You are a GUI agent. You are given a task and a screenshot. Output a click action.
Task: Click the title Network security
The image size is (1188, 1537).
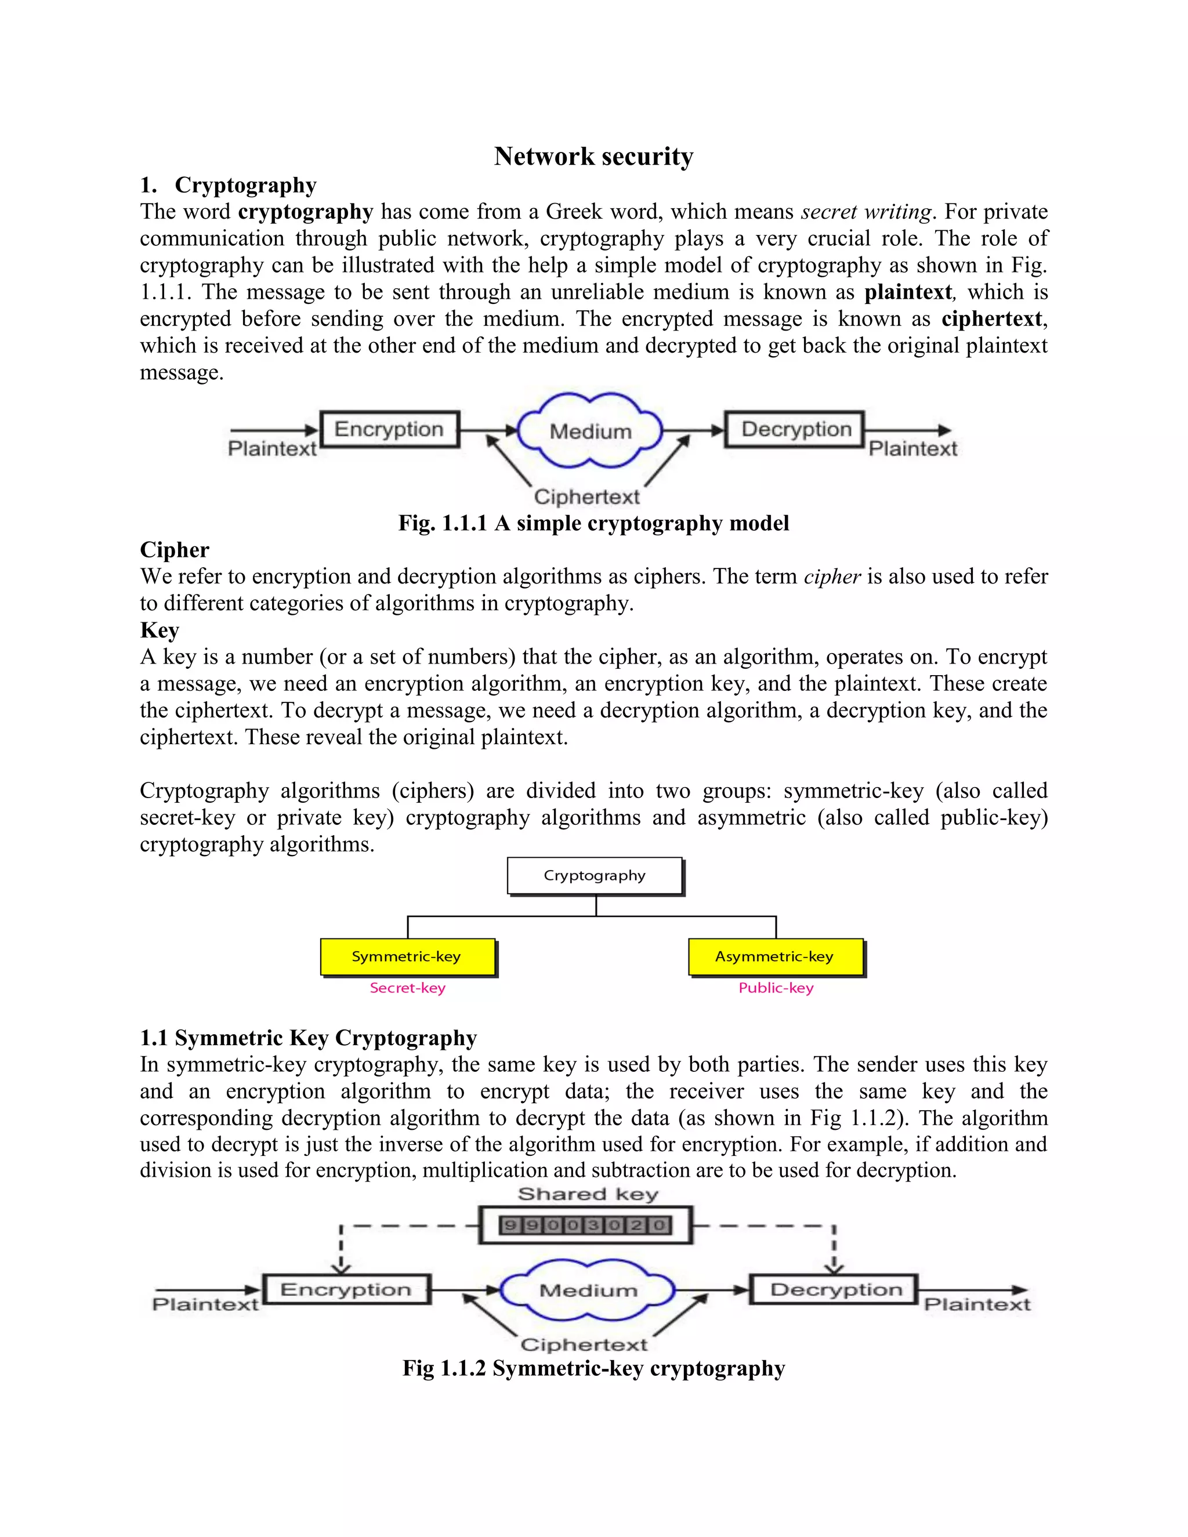593,156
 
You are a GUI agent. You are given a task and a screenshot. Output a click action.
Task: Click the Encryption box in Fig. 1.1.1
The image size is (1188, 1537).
389,429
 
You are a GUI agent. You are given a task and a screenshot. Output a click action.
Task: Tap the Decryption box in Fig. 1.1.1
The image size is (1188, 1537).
795,429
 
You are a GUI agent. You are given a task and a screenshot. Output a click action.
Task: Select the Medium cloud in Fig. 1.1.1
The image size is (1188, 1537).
590,432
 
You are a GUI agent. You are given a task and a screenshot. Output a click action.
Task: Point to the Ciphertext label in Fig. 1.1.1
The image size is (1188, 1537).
586,497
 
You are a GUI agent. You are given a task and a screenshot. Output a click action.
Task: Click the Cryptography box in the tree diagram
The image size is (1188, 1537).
595,875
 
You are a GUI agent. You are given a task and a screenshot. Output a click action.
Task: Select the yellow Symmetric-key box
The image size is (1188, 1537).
407,956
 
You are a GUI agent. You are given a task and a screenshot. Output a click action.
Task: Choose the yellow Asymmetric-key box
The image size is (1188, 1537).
775,956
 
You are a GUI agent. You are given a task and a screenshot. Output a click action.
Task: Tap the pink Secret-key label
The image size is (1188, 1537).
407,988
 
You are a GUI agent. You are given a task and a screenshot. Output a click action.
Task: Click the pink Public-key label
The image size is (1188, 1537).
776,988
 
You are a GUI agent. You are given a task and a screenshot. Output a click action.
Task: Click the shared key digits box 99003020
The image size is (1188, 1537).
585,1225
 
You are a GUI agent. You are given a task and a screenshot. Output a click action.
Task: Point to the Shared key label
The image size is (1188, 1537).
588,1194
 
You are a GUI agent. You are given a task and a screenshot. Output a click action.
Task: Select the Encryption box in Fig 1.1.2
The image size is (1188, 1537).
346,1289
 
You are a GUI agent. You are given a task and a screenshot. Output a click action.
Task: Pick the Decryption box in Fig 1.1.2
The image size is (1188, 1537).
835,1289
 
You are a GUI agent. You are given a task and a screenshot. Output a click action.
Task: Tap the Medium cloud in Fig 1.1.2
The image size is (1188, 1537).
588,1290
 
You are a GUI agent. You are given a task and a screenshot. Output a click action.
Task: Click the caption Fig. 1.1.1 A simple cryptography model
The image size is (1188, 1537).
593,524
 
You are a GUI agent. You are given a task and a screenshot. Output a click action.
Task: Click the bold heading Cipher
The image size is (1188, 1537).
175,550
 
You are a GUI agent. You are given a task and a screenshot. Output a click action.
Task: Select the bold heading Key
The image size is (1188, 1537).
160,630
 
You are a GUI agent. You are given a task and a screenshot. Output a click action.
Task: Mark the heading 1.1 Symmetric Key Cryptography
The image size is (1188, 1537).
308,1038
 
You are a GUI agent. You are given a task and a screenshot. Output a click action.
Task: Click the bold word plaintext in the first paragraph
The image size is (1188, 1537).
908,292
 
